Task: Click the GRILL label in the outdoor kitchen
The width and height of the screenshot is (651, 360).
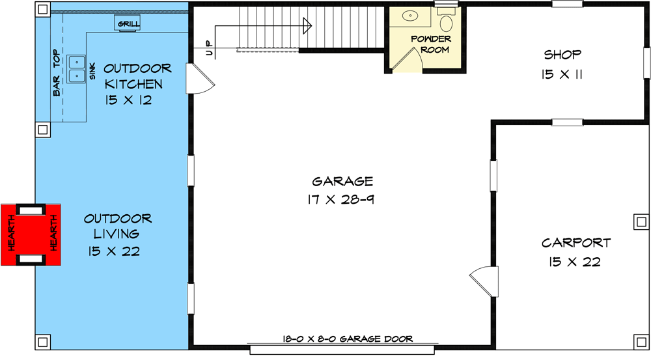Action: pos(128,24)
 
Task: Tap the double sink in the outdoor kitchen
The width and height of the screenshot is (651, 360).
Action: pos(77,68)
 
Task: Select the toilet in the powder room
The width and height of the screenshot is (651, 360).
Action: pos(447,24)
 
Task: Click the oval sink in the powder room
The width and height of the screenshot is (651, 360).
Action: pos(410,16)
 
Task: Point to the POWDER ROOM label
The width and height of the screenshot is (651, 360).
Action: pos(431,44)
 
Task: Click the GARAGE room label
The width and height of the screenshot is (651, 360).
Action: pos(342,182)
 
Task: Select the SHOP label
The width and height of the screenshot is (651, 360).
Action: pos(562,55)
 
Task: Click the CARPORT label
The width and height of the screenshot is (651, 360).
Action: pos(576,243)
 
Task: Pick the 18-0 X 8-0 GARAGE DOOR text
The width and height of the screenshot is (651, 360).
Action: pos(348,339)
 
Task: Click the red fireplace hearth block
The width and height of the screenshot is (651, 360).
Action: pos(31,234)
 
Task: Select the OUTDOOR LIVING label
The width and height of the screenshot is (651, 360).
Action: pos(118,227)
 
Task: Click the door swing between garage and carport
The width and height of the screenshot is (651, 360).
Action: pos(482,280)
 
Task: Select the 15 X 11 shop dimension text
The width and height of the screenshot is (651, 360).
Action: pos(561,75)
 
